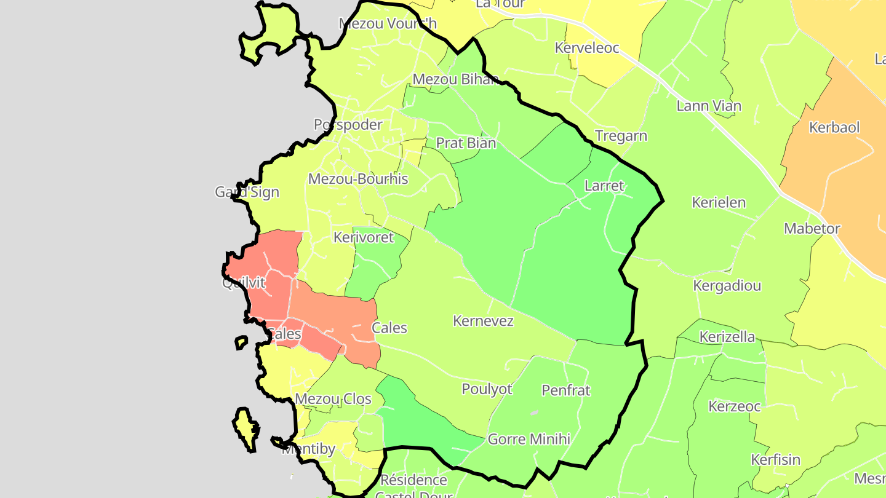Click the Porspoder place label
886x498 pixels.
(x=348, y=125)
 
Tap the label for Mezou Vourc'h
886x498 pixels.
(x=388, y=23)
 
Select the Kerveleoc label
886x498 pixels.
(x=586, y=48)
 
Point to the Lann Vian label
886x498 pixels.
(x=709, y=106)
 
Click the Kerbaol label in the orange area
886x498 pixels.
(x=834, y=128)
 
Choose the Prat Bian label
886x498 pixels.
(x=466, y=143)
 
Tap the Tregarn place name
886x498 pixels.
(x=621, y=136)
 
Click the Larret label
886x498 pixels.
(x=604, y=186)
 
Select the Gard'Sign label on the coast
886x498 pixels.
(x=247, y=192)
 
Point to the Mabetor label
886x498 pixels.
(x=812, y=229)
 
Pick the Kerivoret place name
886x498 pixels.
(x=363, y=237)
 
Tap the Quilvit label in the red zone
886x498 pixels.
(x=244, y=283)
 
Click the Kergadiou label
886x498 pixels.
(x=727, y=286)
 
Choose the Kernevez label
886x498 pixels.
(x=482, y=321)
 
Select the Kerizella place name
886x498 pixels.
(x=727, y=337)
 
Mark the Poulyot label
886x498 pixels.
(x=487, y=389)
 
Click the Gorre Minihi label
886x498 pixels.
(x=529, y=440)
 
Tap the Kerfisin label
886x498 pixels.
(x=775, y=460)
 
